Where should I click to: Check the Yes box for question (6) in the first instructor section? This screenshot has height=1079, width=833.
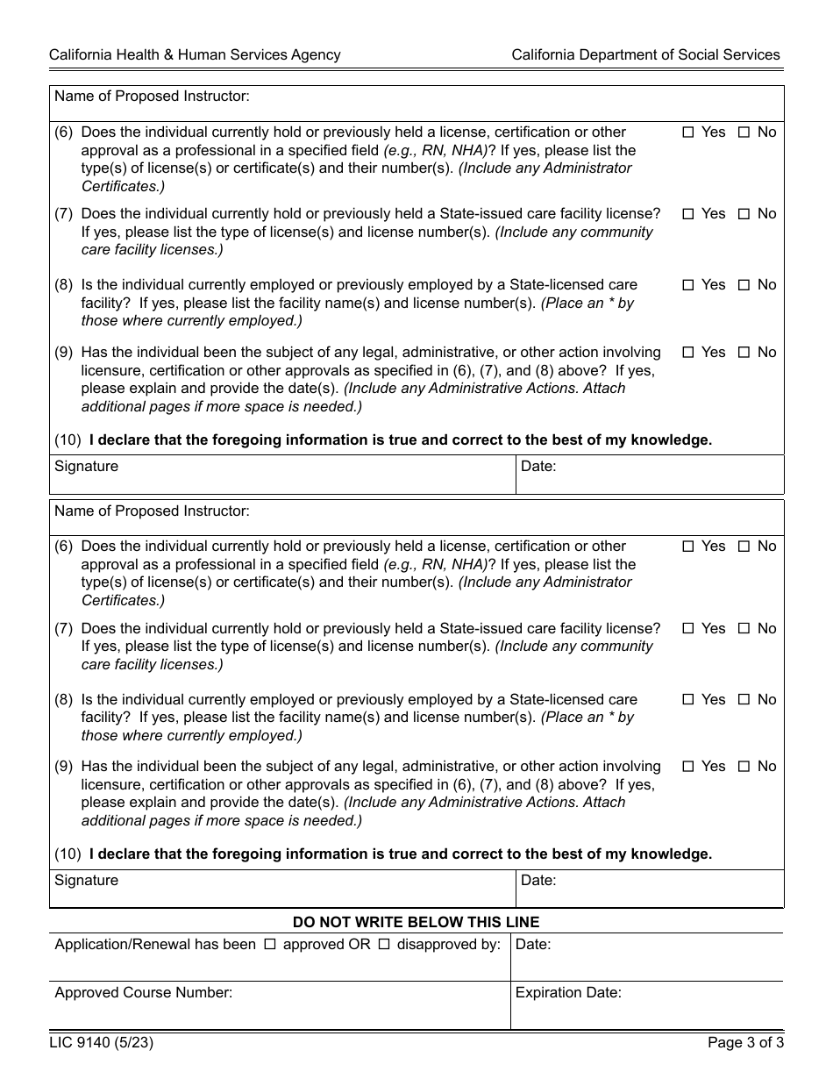pyautogui.click(x=688, y=132)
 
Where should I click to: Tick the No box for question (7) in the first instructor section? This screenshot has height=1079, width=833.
pyautogui.click(x=744, y=214)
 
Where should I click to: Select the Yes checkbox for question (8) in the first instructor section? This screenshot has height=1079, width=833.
pyautogui.click(x=688, y=285)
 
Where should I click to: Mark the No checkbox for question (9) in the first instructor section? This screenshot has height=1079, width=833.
pyautogui.click(x=744, y=353)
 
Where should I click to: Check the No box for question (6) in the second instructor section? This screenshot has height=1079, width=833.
pyautogui.click(x=744, y=547)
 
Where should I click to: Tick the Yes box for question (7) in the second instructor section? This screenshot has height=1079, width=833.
pyautogui.click(x=688, y=629)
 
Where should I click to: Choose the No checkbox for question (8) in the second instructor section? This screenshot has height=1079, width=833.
pyautogui.click(x=744, y=700)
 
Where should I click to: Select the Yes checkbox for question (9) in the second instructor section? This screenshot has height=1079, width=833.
pyautogui.click(x=688, y=767)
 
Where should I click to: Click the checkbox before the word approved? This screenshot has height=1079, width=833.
pyautogui.click(x=270, y=945)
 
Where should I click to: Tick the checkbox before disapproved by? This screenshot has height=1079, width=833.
pyautogui.click(x=384, y=945)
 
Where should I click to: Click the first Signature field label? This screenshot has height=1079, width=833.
pyautogui.click(x=86, y=467)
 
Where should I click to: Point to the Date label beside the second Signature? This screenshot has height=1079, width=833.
pyautogui.click(x=538, y=880)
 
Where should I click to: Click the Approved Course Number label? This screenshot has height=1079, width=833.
pyautogui.click(x=144, y=993)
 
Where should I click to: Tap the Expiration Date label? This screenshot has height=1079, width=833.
pyautogui.click(x=568, y=993)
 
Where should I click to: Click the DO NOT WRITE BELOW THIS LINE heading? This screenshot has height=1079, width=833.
pyautogui.click(x=416, y=922)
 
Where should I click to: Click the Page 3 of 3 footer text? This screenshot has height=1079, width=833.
pyautogui.click(x=745, y=1043)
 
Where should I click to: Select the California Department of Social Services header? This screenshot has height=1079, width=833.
pyautogui.click(x=645, y=54)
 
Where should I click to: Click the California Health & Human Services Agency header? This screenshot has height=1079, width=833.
pyautogui.click(x=195, y=54)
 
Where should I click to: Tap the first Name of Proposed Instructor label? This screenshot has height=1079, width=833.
pyautogui.click(x=152, y=96)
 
